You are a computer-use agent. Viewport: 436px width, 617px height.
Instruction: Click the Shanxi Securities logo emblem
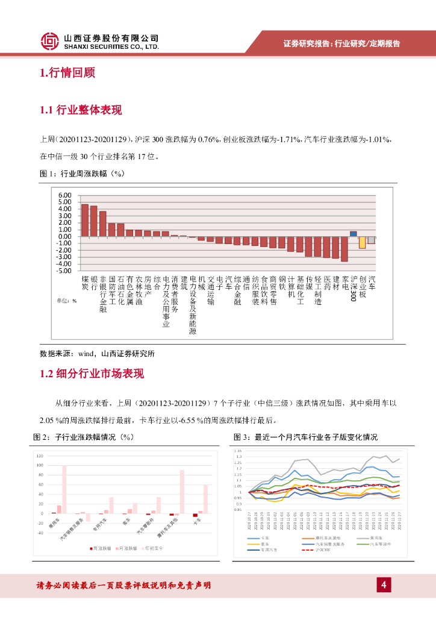(50, 41)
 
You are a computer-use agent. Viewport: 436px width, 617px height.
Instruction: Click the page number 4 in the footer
(384, 584)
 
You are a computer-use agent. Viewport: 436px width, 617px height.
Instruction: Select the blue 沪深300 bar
(353, 234)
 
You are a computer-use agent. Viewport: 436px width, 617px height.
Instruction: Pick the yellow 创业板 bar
(362, 242)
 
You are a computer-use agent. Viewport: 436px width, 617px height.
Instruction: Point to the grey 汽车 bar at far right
(371, 240)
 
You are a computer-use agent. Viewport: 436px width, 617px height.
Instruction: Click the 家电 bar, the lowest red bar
(344, 249)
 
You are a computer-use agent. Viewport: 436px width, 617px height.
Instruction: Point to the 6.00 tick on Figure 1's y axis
(64, 195)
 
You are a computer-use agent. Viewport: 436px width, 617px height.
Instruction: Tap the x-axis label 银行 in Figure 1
(94, 283)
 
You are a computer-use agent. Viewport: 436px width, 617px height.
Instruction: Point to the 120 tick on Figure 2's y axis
(40, 456)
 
